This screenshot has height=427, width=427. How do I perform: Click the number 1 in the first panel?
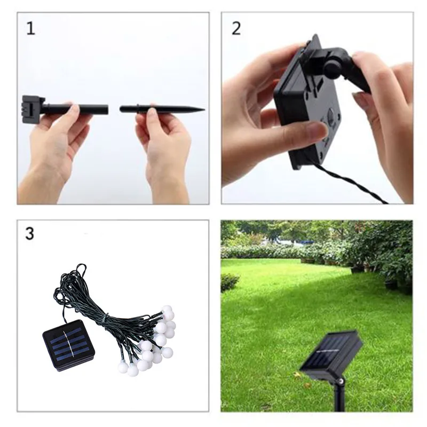point(31,29)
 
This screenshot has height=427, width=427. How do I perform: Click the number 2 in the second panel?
point(236,28)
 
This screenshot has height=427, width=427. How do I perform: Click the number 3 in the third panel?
point(30,233)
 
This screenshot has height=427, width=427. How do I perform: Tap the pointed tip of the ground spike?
point(204,110)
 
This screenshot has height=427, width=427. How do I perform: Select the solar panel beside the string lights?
point(69,345)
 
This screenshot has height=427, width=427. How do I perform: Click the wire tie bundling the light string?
point(105,319)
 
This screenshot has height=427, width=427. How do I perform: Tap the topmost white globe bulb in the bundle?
point(167,310)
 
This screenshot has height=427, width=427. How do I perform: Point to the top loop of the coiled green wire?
point(82,268)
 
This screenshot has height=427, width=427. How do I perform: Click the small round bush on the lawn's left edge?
point(230,282)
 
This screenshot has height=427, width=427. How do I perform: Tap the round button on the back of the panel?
point(331,114)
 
